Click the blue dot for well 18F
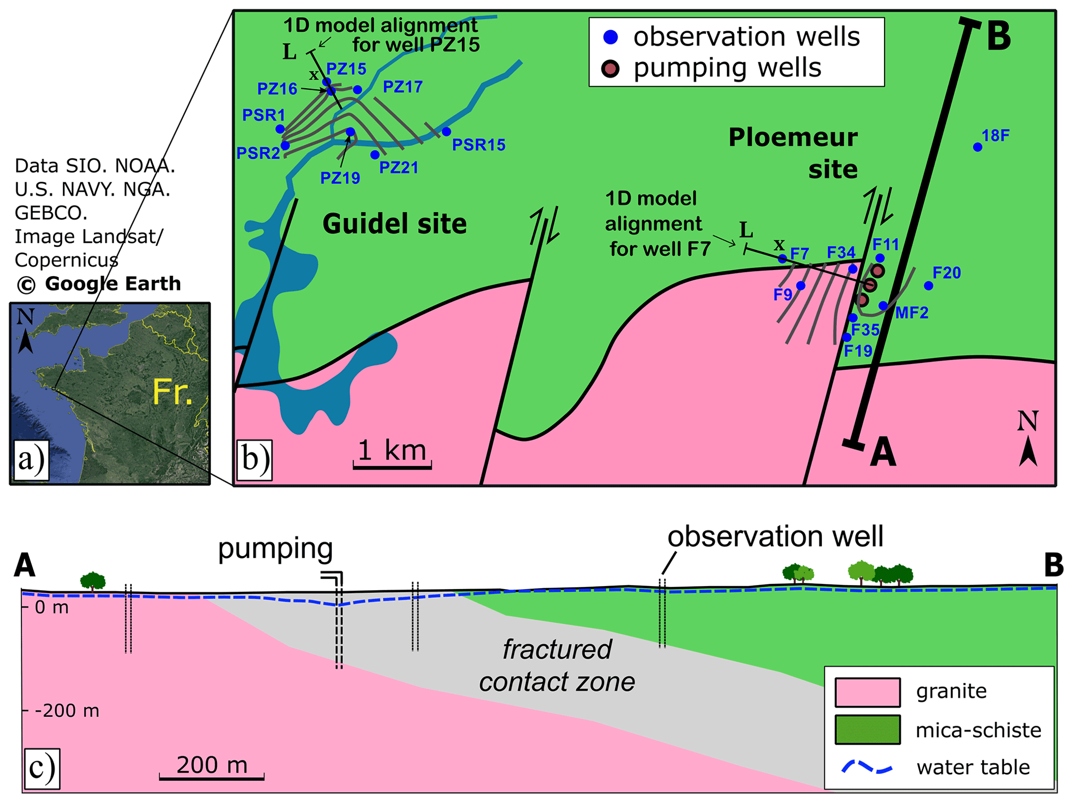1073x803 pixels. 977,147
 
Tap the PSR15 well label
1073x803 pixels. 479,145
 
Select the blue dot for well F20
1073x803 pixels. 929,285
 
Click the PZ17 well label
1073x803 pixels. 402,87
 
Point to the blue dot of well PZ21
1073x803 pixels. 375,155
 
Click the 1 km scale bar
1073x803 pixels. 392,467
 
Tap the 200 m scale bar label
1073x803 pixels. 212,765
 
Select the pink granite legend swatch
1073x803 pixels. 867,692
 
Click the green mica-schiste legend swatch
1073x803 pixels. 867,729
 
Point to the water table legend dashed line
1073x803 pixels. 866,767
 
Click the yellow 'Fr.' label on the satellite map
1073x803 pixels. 172,392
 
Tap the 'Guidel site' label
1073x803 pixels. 395,224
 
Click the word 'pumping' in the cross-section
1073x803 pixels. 275,549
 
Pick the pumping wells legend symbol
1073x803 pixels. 610,69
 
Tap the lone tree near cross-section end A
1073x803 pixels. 93,581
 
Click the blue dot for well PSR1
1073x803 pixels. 280,129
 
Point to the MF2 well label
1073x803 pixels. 912,312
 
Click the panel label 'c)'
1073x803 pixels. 42,768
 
